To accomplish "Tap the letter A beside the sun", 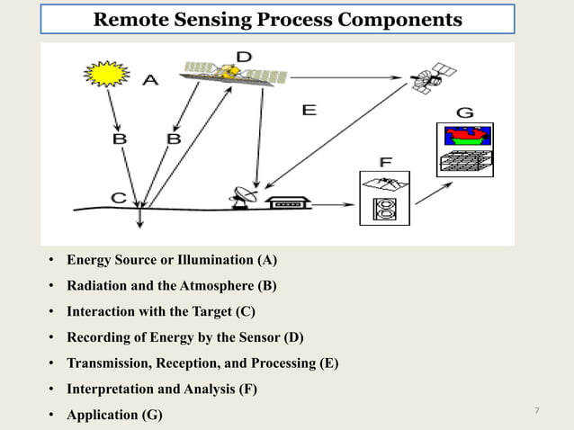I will (x=149, y=81).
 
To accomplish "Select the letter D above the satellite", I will (x=243, y=57).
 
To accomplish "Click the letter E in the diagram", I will (x=309, y=110).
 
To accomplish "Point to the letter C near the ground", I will (x=118, y=196).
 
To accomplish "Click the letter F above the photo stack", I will (x=385, y=162).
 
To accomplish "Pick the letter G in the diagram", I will (x=464, y=113).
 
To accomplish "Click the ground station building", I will (x=291, y=202).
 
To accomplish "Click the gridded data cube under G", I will (x=466, y=163).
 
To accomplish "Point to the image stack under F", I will (x=384, y=197).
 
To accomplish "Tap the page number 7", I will (x=536, y=411).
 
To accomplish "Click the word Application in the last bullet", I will (x=103, y=415).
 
